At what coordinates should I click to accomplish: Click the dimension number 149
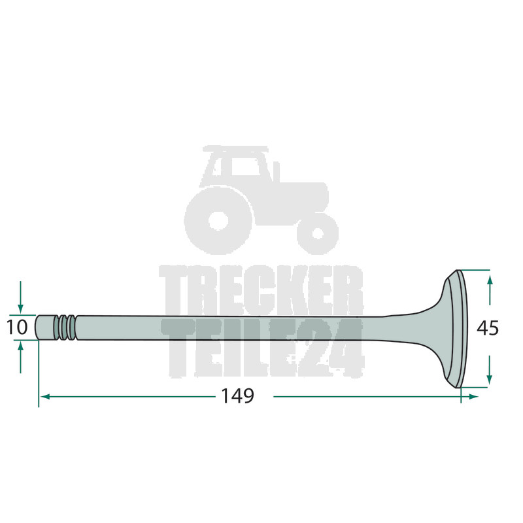[237, 396]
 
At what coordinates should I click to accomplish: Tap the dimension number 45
[487, 328]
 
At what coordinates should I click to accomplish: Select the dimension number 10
[17, 328]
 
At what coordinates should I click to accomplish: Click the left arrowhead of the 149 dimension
[44, 397]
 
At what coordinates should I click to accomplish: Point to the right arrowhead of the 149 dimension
[473, 397]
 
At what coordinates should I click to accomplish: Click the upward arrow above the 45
[490, 290]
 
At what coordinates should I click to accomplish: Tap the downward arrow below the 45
[489, 369]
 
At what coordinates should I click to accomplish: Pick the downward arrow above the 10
[21, 297]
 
